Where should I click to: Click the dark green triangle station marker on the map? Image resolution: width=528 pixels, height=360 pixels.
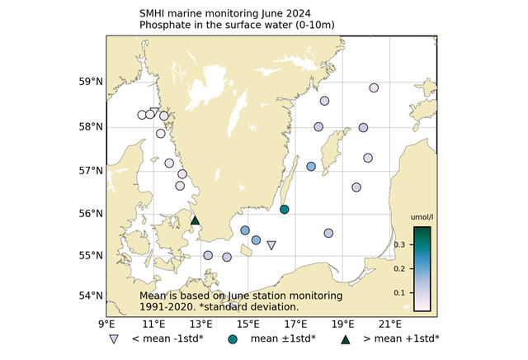pyautogui.click(x=195, y=220)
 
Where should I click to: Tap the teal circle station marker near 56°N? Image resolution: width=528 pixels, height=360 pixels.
pyautogui.click(x=285, y=210)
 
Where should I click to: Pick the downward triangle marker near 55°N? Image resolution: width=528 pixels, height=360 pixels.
pyautogui.click(x=271, y=245)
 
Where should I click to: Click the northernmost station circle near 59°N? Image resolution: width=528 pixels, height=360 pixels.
pyautogui.click(x=374, y=88)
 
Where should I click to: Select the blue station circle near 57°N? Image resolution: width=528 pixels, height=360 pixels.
pyautogui.click(x=311, y=167)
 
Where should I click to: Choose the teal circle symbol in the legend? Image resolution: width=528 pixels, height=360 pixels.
pyautogui.click(x=233, y=339)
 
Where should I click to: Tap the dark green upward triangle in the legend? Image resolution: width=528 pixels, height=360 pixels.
pyautogui.click(x=346, y=339)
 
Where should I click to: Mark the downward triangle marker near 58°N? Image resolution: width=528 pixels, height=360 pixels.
pyautogui.click(x=154, y=112)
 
